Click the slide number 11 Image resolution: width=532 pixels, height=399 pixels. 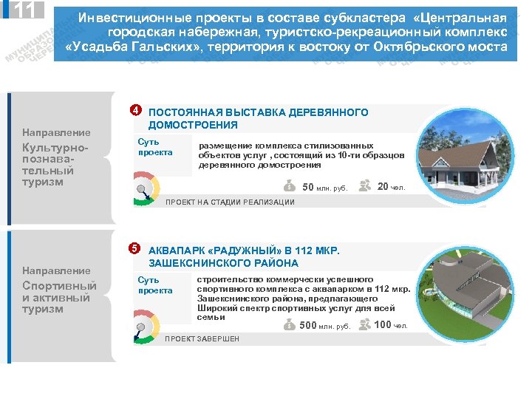[x=22, y=10]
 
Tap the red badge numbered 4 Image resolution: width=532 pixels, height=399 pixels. [x=135, y=111]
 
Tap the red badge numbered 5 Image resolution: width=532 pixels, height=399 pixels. [x=135, y=247]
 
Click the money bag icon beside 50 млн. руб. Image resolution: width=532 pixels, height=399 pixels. [x=289, y=186]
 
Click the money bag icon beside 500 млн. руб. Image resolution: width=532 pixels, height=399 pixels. [x=289, y=325]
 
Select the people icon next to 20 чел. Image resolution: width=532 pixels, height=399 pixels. [x=364, y=185]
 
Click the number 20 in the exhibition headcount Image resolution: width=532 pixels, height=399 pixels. [x=383, y=186]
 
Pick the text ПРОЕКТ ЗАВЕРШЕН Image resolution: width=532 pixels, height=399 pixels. [x=202, y=339]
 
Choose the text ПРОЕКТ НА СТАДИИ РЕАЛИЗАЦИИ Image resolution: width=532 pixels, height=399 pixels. [x=230, y=202]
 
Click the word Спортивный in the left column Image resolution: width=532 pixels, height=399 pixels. [x=59, y=286]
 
